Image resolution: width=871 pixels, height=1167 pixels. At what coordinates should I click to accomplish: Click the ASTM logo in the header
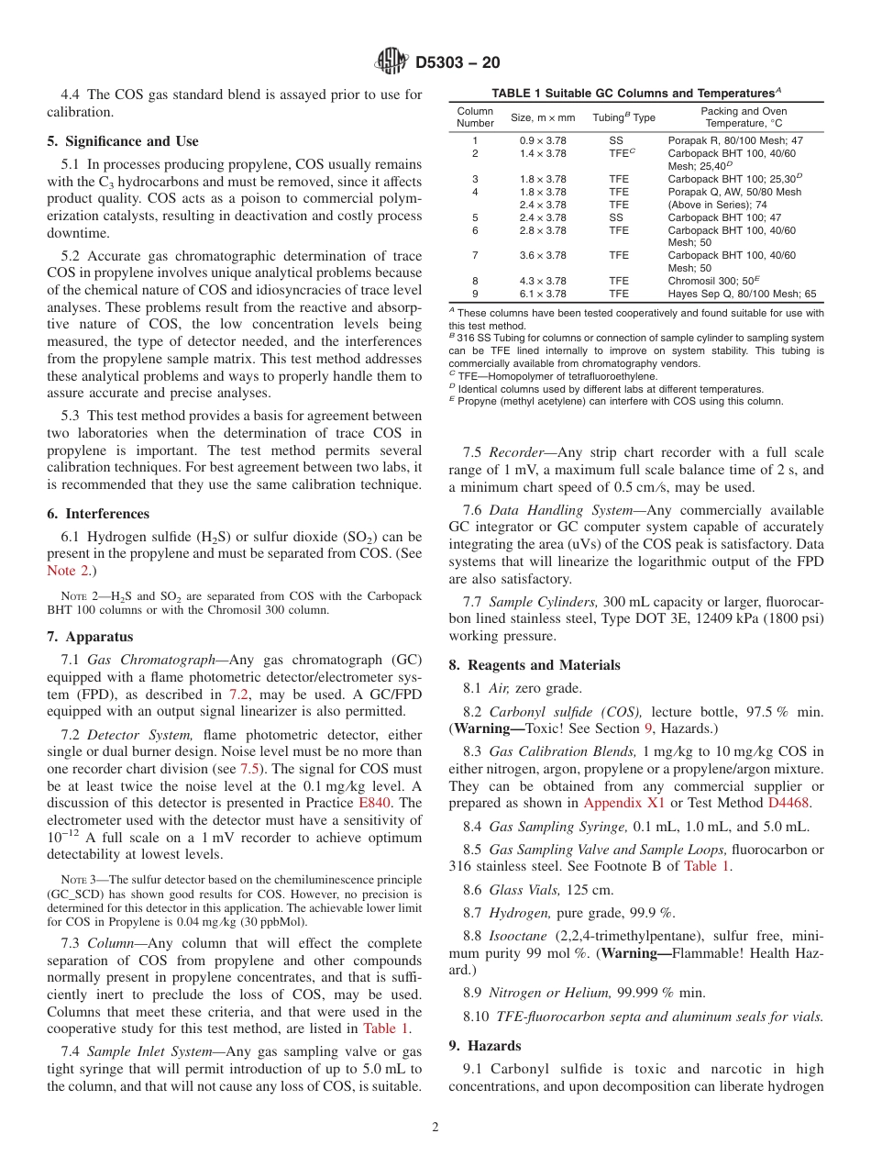[x=391, y=62]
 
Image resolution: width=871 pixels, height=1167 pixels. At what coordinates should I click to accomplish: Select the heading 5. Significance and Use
[x=122, y=141]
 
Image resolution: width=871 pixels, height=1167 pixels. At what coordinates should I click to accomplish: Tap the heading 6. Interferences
[x=98, y=514]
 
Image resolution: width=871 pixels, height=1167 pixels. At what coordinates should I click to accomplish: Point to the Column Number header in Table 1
[x=475, y=117]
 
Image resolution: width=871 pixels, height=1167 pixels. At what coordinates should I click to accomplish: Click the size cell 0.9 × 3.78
[x=543, y=140]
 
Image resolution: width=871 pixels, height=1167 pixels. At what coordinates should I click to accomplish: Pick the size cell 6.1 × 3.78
[x=543, y=294]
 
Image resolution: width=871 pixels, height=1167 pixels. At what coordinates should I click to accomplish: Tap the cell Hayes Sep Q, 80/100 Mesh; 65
[x=741, y=294]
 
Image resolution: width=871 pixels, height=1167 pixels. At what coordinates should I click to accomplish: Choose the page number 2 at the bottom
[x=435, y=1128]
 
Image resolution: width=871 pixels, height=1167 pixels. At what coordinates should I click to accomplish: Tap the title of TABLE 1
[x=636, y=94]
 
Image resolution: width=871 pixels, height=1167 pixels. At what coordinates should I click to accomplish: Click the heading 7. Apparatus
[x=90, y=637]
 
